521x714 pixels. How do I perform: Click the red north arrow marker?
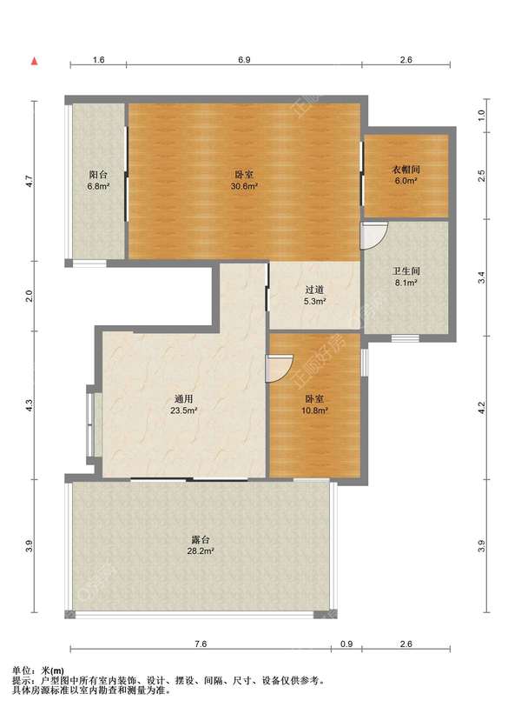(x=34, y=61)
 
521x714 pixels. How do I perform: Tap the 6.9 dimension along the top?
(x=244, y=60)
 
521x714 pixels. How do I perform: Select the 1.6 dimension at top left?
(x=99, y=60)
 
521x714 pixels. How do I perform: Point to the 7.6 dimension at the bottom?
(x=201, y=644)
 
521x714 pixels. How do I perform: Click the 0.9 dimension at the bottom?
(x=346, y=644)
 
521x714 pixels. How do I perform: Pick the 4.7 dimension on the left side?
(x=30, y=181)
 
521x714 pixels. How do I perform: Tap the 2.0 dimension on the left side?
(x=30, y=296)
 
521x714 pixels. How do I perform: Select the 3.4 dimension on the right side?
(x=482, y=277)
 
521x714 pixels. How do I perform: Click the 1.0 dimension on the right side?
(x=482, y=115)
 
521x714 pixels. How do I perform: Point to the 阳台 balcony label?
(x=98, y=175)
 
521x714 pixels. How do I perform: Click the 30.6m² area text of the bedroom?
(x=244, y=186)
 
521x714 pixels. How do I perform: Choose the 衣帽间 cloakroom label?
(x=406, y=170)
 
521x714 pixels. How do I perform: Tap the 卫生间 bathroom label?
(x=406, y=271)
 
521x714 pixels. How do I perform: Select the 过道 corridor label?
(x=314, y=290)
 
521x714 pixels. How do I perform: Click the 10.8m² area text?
(x=314, y=410)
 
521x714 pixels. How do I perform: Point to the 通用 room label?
(x=184, y=399)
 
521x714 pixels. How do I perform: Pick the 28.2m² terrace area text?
(x=201, y=551)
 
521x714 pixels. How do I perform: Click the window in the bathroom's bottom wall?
(x=405, y=338)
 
